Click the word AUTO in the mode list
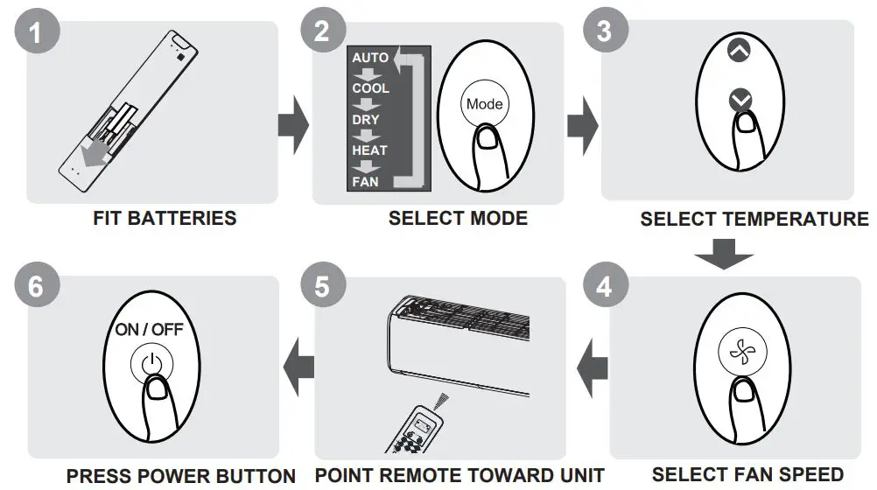point(370,58)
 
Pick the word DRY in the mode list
point(366,120)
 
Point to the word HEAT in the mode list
point(369,150)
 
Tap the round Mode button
point(484,104)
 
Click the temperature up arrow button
point(740,51)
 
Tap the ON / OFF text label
point(150,330)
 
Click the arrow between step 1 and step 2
point(292,123)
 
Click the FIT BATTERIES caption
point(165,218)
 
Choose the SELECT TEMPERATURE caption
point(754,219)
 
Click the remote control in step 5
point(420,430)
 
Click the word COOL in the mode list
point(370,88)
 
